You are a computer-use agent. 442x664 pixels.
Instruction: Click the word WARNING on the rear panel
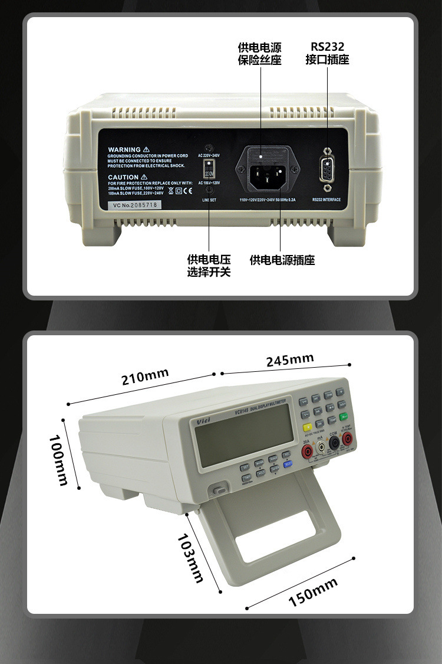point(124,150)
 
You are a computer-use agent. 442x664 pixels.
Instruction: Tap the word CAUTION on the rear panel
point(123,177)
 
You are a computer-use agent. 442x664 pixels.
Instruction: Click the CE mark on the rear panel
point(187,191)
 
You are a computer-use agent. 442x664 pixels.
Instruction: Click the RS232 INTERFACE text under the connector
point(326,200)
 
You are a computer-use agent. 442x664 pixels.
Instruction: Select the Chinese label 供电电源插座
point(282,260)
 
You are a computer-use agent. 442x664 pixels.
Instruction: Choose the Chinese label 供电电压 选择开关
point(209,266)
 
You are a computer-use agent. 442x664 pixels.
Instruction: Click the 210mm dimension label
point(145,377)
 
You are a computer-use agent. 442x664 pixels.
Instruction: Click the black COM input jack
point(334,444)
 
